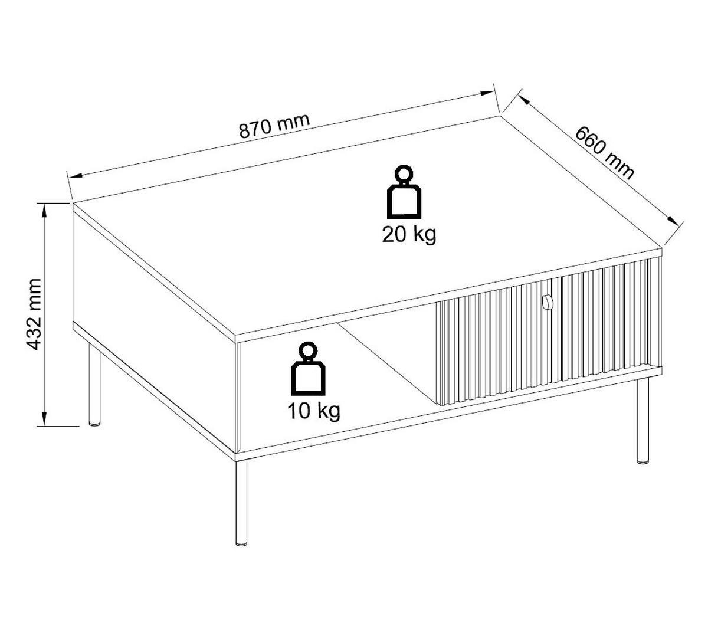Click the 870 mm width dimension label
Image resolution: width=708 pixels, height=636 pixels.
(x=274, y=126)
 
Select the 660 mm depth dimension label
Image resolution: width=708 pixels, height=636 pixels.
(x=604, y=153)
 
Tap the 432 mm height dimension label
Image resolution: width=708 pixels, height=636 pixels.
(x=34, y=314)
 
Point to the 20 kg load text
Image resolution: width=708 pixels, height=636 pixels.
(x=409, y=234)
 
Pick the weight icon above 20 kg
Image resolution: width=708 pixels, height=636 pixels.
(x=404, y=192)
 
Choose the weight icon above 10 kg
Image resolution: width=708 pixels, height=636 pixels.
(x=308, y=369)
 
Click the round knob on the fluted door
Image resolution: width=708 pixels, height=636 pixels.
(x=546, y=301)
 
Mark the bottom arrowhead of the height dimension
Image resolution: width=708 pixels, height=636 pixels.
(x=44, y=419)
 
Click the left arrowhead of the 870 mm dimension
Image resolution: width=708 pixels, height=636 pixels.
(x=75, y=175)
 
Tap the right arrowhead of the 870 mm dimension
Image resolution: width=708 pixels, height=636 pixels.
(x=487, y=93)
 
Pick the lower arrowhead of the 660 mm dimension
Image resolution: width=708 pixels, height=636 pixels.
(x=673, y=221)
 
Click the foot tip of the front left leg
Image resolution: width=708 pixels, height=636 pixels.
(x=241, y=545)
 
